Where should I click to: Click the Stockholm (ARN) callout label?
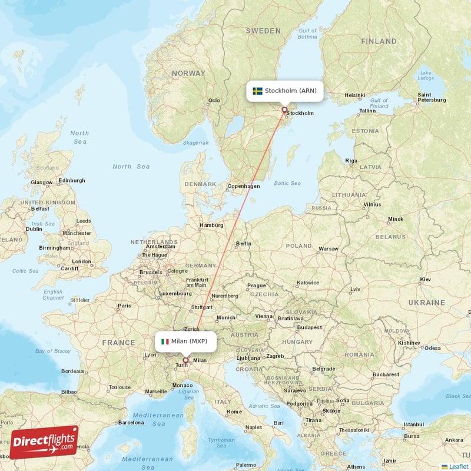(285, 91)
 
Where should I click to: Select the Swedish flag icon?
(257, 91)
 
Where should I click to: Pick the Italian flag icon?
(165, 341)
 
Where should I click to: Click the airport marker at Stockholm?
(284, 110)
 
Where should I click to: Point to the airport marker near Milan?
(185, 360)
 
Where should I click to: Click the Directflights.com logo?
(44, 442)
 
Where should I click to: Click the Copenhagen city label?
(243, 186)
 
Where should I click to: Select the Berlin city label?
(243, 243)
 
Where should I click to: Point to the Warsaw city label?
(328, 248)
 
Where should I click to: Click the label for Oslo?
(214, 100)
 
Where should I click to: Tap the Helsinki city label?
(355, 95)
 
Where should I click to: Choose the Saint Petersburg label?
(432, 97)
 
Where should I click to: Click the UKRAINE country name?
(426, 302)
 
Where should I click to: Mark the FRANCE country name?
(118, 342)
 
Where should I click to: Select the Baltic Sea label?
(287, 183)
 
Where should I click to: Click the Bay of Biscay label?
(52, 351)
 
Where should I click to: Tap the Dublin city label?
(34, 229)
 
